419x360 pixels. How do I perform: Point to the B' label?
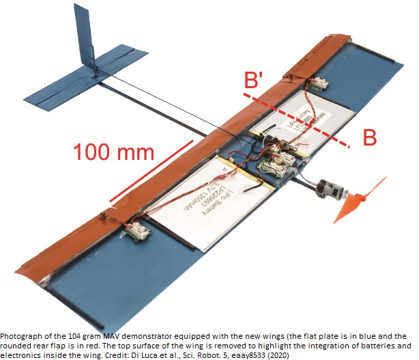[x=254, y=81]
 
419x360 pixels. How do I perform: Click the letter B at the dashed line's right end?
[x=369, y=137]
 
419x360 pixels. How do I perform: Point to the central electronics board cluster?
[x=280, y=158]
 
